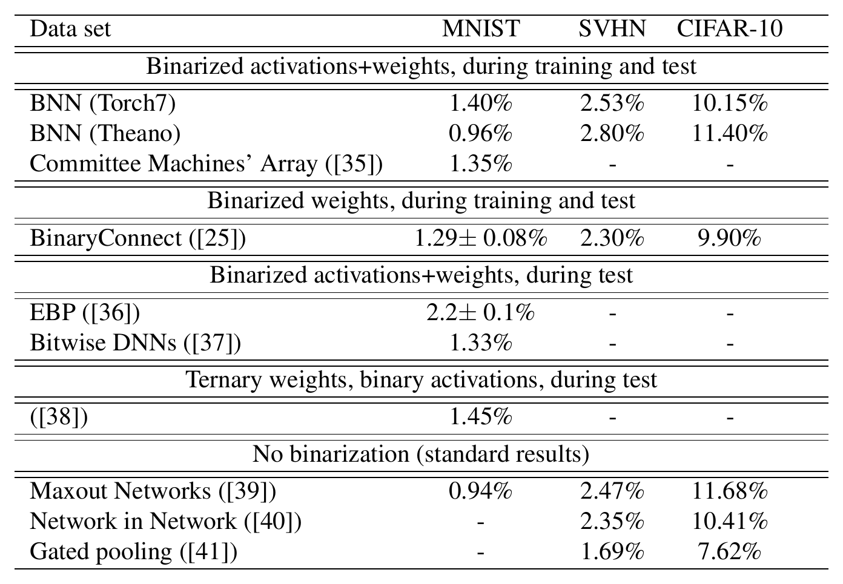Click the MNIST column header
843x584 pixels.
tap(481, 28)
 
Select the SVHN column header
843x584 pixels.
tap(612, 28)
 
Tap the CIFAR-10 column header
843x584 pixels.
tap(730, 28)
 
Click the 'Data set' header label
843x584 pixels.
tap(70, 28)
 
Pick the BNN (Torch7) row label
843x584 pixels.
tap(103, 103)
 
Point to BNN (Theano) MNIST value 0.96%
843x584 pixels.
tap(481, 133)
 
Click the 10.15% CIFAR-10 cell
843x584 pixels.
tap(730, 103)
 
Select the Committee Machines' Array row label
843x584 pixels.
tap(207, 163)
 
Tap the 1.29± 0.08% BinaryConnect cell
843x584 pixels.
tap(481, 238)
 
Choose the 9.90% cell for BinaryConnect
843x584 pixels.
tap(730, 238)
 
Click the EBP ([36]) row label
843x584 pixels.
tap(85, 312)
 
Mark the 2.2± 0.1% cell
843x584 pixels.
tap(481, 312)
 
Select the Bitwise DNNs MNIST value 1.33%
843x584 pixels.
tap(481, 343)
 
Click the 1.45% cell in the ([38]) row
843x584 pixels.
tap(481, 416)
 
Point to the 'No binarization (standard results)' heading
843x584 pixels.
tap(421, 454)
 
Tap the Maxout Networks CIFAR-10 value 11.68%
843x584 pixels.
tap(730, 491)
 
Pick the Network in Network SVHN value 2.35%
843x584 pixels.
tap(612, 521)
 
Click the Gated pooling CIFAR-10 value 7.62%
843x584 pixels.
tap(730, 552)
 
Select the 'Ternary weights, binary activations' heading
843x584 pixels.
tap(421, 380)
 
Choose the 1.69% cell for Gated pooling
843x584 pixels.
tap(612, 552)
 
